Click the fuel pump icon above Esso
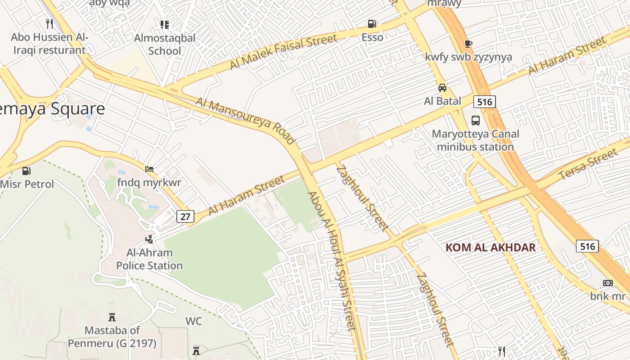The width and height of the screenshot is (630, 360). tap(372, 23)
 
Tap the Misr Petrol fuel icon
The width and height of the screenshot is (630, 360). tap(27, 171)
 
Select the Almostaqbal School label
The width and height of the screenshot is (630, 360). tap(165, 45)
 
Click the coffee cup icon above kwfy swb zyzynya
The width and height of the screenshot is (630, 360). tap(468, 44)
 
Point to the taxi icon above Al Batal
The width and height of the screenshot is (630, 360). tap(442, 88)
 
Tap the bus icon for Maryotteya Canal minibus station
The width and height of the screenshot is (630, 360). tap(476, 120)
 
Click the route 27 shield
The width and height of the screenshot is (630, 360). tap(185, 216)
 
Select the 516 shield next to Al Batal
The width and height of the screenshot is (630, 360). tap(484, 102)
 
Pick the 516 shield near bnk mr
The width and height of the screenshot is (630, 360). tap(587, 246)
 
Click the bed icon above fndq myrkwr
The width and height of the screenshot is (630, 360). tap(149, 169)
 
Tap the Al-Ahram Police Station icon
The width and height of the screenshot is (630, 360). tap(149, 239)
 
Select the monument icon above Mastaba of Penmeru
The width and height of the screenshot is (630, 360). tap(112, 317)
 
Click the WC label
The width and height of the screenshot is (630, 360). tap(193, 321)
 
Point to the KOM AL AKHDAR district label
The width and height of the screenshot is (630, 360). tap(490, 247)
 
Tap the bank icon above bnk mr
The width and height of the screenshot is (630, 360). tap(607, 283)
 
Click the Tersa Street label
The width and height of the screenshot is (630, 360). tap(588, 164)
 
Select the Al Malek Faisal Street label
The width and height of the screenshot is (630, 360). tap(283, 52)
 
